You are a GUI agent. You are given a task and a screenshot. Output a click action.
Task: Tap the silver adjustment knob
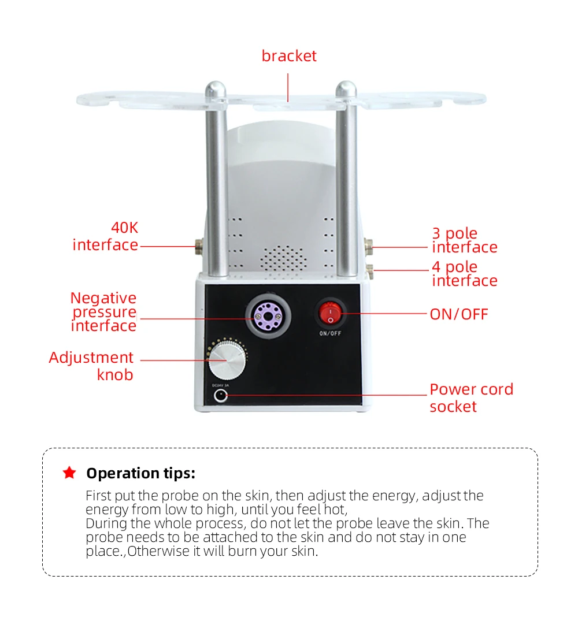click(x=227, y=360)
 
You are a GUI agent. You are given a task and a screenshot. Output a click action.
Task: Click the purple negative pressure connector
click(x=268, y=316)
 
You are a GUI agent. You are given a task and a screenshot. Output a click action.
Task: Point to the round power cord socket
click(x=220, y=396)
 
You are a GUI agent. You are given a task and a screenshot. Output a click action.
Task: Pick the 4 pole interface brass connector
click(x=370, y=271)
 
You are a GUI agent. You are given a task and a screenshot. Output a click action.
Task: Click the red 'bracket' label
click(x=289, y=56)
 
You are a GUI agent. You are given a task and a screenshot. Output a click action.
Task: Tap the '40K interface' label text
click(x=106, y=236)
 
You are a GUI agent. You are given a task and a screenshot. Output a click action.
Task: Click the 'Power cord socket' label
click(x=471, y=398)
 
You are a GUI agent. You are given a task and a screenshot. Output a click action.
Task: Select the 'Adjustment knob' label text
click(x=91, y=366)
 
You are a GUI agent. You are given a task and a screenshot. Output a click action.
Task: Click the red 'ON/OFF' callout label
click(x=459, y=314)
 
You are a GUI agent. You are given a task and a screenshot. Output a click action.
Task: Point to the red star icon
click(x=69, y=472)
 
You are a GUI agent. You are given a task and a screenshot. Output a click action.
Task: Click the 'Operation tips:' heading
click(x=140, y=473)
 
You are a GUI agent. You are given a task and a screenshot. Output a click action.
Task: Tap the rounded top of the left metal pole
click(x=216, y=90)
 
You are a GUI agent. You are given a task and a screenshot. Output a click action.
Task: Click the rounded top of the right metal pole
click(x=346, y=90)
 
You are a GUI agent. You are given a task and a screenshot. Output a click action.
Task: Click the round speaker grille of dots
click(x=283, y=258)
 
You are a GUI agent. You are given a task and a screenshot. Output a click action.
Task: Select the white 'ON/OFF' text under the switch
click(x=330, y=333)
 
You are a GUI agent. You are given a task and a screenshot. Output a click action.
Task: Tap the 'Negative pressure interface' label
click(x=103, y=311)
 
